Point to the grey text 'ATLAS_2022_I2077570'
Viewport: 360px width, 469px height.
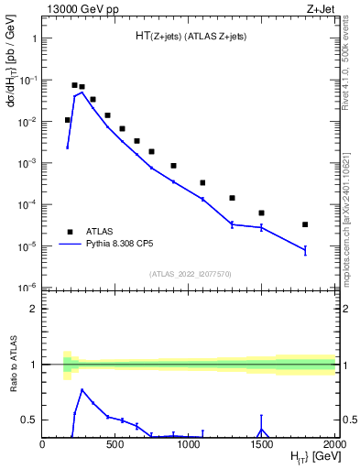[x=190, y=273]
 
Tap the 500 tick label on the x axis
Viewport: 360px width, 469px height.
[x=115, y=445]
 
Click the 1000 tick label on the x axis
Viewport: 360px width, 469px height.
[x=189, y=445]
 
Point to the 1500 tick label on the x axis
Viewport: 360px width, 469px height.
[x=262, y=445]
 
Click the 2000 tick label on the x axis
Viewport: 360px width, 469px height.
[x=333, y=445]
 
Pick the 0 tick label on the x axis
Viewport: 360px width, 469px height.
[x=43, y=445]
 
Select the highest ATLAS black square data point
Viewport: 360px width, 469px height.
[x=75, y=85]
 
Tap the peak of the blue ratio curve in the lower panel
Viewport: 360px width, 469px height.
[x=82, y=390]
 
